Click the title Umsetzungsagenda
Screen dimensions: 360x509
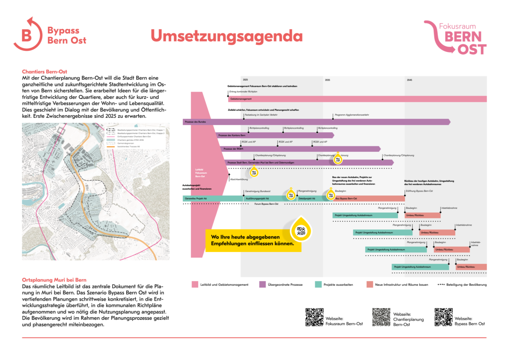coord(227,36)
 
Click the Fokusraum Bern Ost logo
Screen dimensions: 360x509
coord(459,38)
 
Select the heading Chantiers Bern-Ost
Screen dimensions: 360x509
coord(45,72)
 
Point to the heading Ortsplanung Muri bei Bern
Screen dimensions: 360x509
coord(54,280)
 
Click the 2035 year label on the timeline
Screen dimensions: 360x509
coord(327,80)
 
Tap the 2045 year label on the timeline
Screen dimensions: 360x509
coord(409,80)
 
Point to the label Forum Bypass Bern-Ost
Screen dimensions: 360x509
coord(266,204)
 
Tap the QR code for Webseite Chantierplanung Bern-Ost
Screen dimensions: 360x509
coord(381,317)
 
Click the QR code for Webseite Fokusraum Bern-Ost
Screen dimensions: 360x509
coord(314,317)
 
